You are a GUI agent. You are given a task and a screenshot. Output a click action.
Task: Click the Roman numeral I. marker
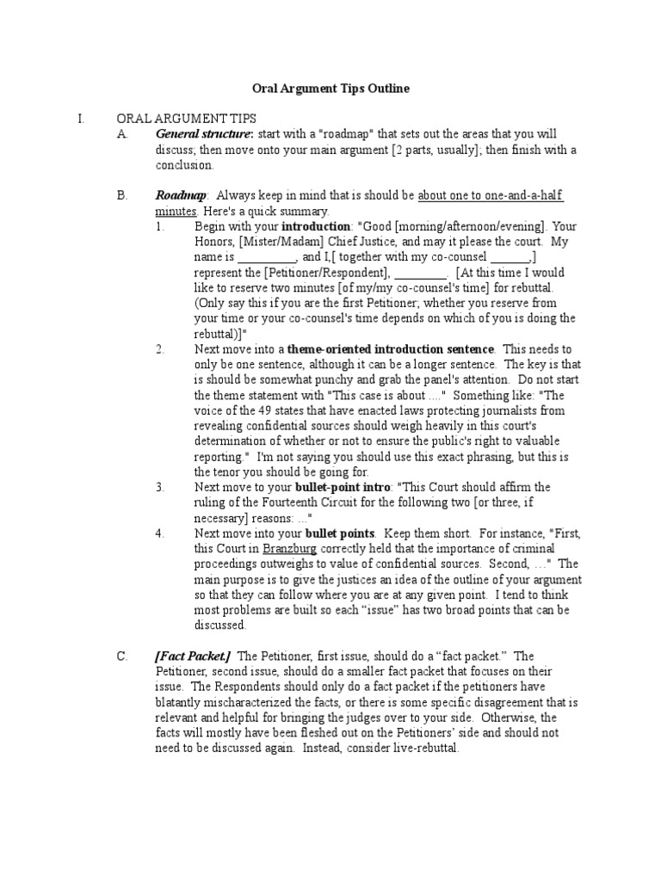coord(80,119)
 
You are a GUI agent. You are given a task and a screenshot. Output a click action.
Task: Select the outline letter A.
coord(121,134)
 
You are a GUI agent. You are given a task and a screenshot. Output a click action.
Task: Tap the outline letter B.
coord(121,195)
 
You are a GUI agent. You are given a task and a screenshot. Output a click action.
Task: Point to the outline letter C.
coord(121,656)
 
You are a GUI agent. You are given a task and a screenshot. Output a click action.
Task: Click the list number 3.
coord(160,487)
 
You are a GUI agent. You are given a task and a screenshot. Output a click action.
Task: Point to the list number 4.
coord(160,533)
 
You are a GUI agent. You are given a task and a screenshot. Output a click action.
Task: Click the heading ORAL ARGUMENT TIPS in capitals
coord(186,119)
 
